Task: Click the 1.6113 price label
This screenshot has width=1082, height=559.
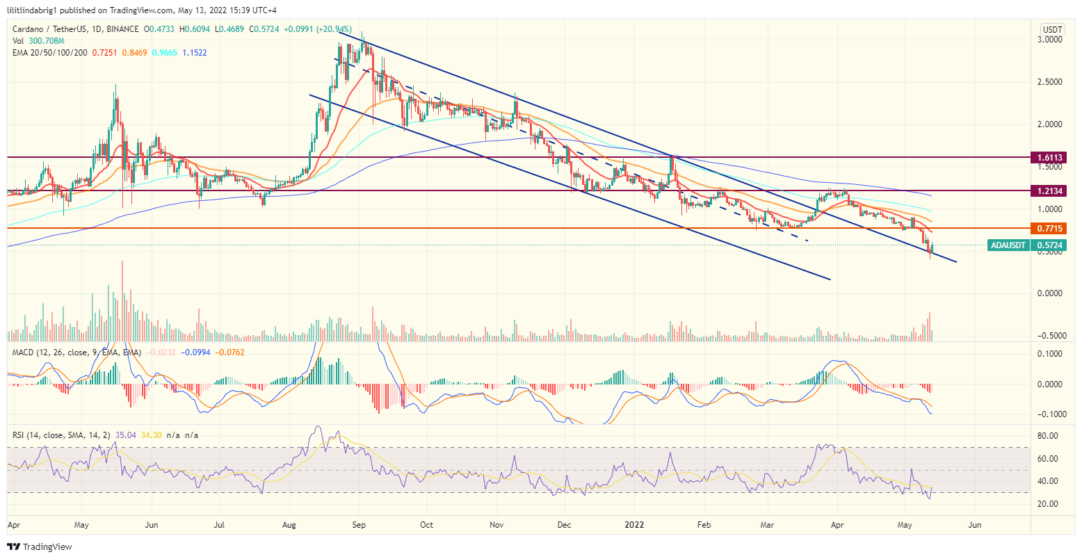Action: pyautogui.click(x=1049, y=158)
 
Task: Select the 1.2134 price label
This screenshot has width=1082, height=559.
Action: pyautogui.click(x=1049, y=191)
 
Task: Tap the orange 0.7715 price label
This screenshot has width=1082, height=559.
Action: pyautogui.click(x=1049, y=228)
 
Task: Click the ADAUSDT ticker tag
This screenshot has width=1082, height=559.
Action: pyautogui.click(x=1009, y=245)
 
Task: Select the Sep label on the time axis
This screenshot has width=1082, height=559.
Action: pyautogui.click(x=359, y=525)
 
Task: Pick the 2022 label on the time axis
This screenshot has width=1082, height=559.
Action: pyautogui.click(x=636, y=525)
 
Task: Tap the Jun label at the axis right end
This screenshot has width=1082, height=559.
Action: pyautogui.click(x=975, y=525)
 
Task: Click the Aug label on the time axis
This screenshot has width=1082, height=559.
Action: pyautogui.click(x=290, y=525)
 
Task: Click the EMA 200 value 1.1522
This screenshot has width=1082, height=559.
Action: pyautogui.click(x=195, y=53)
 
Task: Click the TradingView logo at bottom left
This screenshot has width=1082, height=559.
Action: pyautogui.click(x=40, y=547)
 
